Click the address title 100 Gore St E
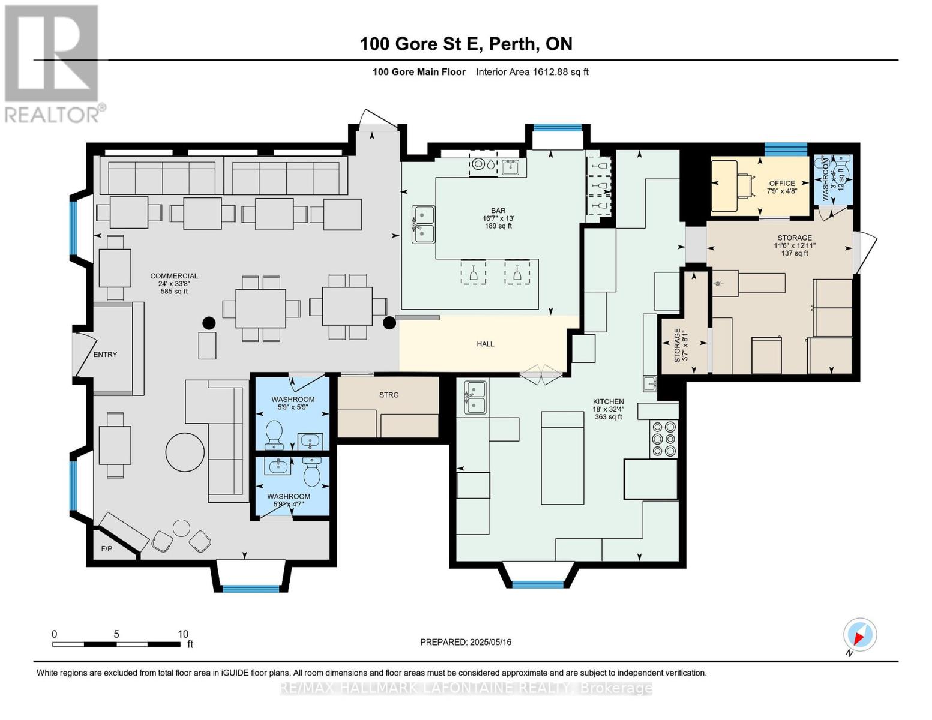pos(465,44)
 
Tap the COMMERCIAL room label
pos(173,277)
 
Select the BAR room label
pos(498,211)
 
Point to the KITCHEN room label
pos(608,401)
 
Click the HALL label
pos(485,344)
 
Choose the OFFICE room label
pos(781,183)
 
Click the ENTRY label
pos(105,355)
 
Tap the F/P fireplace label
pos(107,548)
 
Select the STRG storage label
pos(389,395)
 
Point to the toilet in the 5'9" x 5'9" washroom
pos(274,434)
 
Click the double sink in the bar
pos(423,224)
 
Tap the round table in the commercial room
pos(185,452)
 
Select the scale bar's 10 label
pos(182,634)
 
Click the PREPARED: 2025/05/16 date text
pos(465,642)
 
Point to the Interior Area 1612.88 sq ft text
pos(532,72)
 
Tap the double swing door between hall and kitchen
pos(541,374)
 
